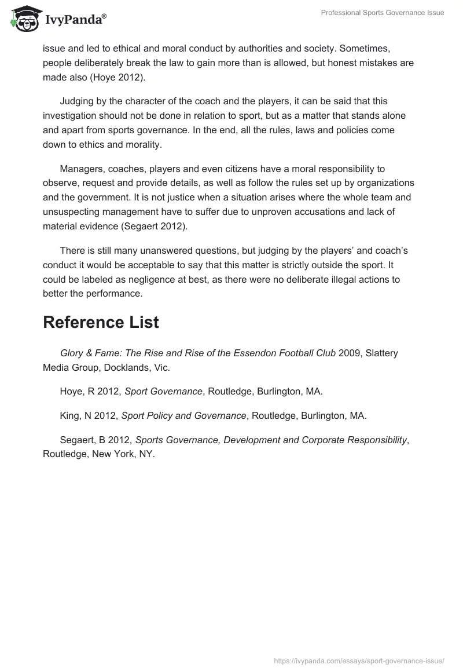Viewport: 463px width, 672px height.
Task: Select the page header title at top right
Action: (383, 13)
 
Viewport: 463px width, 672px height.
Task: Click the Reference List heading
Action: (101, 323)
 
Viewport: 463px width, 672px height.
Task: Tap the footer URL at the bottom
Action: (359, 660)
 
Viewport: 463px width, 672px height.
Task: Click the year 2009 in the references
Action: (348, 353)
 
